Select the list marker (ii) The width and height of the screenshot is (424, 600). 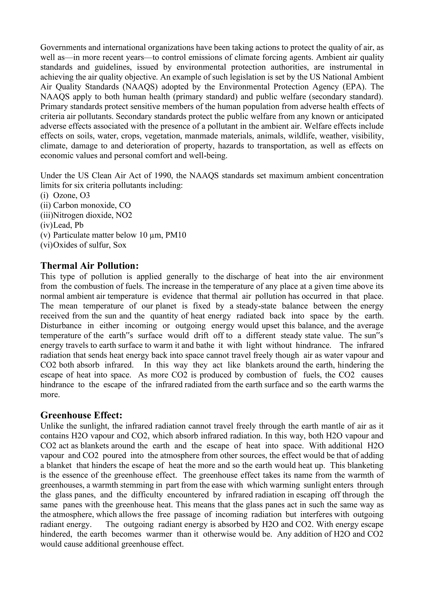(x=46, y=205)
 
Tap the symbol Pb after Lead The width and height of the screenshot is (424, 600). (x=79, y=225)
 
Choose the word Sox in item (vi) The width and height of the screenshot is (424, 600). (x=120, y=245)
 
